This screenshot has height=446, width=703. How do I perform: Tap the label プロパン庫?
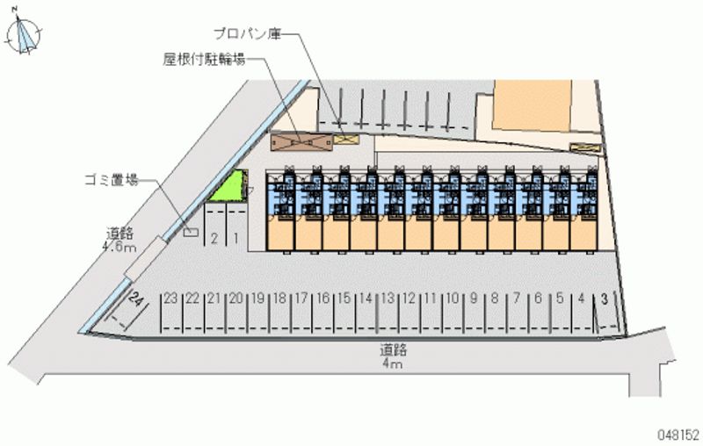tap(248, 34)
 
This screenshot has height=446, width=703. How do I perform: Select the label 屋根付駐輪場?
tap(203, 60)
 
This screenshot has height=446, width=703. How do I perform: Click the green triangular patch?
tap(231, 188)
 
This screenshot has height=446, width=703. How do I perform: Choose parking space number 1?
tap(236, 237)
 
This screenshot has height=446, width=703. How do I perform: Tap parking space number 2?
tap(214, 237)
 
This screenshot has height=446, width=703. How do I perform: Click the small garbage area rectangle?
tap(191, 232)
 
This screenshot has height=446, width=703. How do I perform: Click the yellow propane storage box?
tap(346, 137)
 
